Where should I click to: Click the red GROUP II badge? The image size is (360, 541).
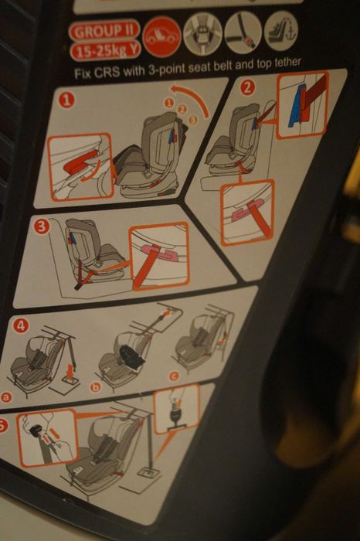click(x=104, y=31)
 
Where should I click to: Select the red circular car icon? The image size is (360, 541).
click(x=161, y=36)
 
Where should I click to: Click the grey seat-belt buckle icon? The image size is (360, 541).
click(x=243, y=32)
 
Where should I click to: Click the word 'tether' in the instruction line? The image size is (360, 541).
click(x=288, y=63)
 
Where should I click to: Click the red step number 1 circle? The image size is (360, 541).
click(x=67, y=100)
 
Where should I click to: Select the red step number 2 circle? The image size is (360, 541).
click(x=247, y=88)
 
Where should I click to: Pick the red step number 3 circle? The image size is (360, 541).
click(x=42, y=226)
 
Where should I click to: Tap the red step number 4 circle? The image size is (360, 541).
click(x=21, y=325)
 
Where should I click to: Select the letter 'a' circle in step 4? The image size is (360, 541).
click(x=5, y=397)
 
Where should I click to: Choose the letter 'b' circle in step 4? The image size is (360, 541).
click(x=95, y=387)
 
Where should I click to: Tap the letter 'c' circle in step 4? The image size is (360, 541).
click(x=174, y=376)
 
